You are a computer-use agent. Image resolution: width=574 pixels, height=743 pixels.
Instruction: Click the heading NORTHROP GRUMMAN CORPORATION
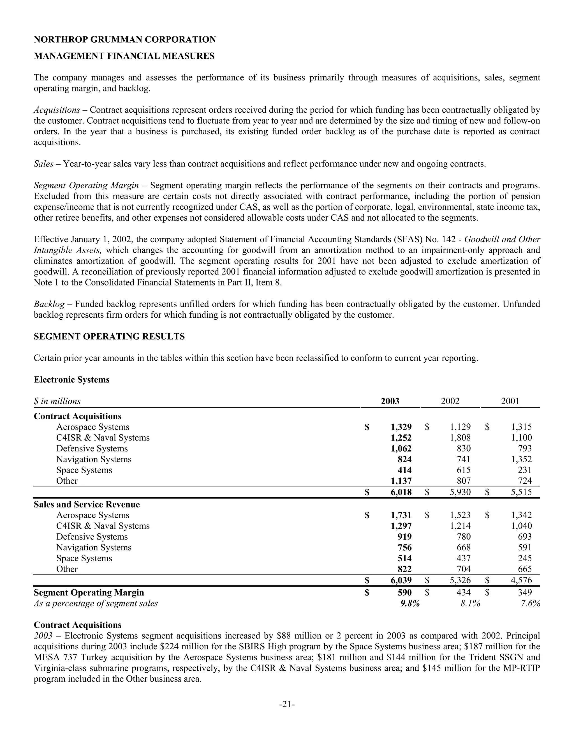(x=124, y=40)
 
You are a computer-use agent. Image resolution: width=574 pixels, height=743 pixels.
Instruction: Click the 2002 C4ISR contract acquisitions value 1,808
(x=460, y=437)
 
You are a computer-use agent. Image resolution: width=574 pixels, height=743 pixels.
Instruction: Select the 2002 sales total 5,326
(x=460, y=580)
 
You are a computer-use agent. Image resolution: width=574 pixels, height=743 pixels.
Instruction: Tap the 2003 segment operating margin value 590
(x=404, y=592)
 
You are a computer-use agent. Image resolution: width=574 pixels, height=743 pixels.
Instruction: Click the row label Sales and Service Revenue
(x=87, y=504)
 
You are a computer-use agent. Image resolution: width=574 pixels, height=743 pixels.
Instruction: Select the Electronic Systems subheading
(x=71, y=379)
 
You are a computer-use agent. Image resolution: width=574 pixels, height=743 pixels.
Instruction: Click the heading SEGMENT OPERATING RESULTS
(x=109, y=336)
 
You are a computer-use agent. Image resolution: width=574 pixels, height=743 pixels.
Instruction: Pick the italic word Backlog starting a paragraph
(x=49, y=304)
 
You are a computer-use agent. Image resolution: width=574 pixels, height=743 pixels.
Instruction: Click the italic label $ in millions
(x=57, y=401)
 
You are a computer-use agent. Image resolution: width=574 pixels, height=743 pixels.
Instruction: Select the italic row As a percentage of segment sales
(x=96, y=603)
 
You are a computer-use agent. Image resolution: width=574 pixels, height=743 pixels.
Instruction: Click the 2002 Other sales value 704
(x=464, y=569)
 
